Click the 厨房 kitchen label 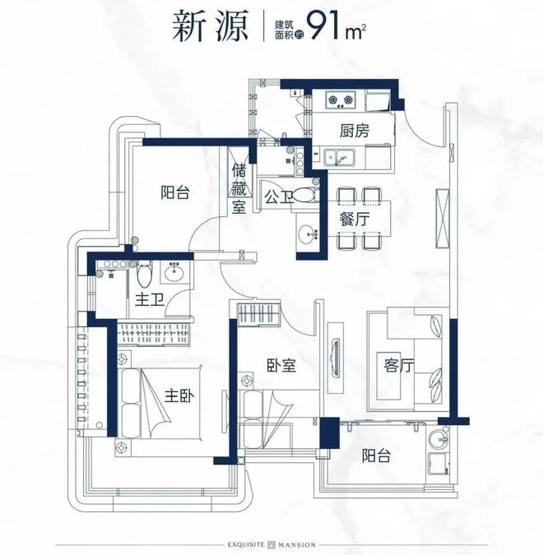point(355,131)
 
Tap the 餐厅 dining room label point(355,220)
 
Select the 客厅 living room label point(399,365)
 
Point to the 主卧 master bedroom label point(179,396)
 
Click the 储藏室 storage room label point(239,190)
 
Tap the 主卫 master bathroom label point(150,301)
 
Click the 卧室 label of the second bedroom point(281,365)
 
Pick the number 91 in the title point(323,25)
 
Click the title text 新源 point(211,26)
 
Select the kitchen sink point(339,157)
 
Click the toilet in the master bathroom point(144,275)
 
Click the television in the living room point(335,358)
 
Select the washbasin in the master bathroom point(174,272)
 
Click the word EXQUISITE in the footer point(246,544)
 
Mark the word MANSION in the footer point(297,544)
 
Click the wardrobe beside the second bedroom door point(258,314)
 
